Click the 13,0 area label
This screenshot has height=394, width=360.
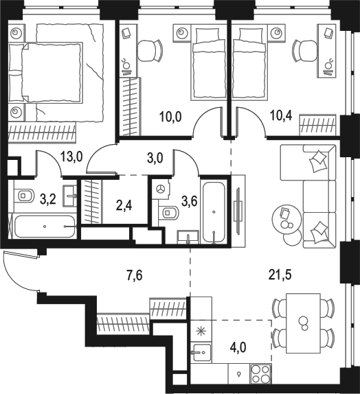coord(71,158)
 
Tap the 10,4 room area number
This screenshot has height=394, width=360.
coord(281,116)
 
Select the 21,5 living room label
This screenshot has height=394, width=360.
coord(280,275)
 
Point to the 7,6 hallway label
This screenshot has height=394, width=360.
coord(134,275)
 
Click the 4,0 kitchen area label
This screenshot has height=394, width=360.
coord(238,348)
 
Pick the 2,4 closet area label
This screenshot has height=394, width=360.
coord(124,205)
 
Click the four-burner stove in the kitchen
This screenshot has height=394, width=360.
coord(260,373)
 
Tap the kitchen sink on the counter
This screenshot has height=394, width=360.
coord(201,352)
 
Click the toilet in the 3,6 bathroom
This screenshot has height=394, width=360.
coord(168,213)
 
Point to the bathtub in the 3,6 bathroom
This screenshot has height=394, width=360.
coord(214,212)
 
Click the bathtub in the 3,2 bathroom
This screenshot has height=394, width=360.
coord(45,227)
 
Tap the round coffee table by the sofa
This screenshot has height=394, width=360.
coord(286,220)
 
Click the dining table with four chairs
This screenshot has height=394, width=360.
coord(303,323)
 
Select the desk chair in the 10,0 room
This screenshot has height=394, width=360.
coord(150,51)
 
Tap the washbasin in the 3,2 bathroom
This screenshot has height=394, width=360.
coord(69,196)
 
